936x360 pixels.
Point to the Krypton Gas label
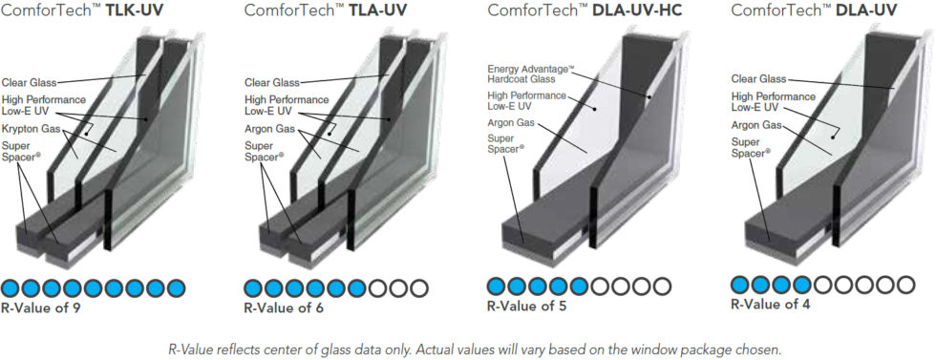click(32, 128)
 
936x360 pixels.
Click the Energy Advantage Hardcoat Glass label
click(530, 74)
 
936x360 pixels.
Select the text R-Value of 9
click(43, 307)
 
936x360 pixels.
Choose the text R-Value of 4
click(772, 305)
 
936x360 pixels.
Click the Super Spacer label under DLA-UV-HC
click(509, 143)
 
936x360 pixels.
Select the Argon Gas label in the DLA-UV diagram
click(756, 125)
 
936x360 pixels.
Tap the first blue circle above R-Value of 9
click(11, 286)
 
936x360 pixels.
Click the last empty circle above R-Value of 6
click(420, 286)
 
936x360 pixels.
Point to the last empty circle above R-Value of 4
click(905, 284)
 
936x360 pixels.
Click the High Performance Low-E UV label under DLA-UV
click(773, 102)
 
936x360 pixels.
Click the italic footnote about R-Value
click(467, 349)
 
